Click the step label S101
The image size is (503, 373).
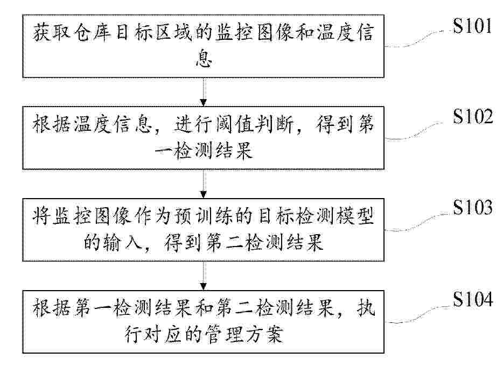tap(472, 26)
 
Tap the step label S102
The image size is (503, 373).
tap(472, 116)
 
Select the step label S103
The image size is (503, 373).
tap(472, 207)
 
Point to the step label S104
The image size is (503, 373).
tap(472, 300)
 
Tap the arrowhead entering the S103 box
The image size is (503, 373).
tap(204, 195)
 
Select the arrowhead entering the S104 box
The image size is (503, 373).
tap(204, 286)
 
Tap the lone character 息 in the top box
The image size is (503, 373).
tap(204, 58)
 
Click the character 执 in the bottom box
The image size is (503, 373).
tap(365, 308)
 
